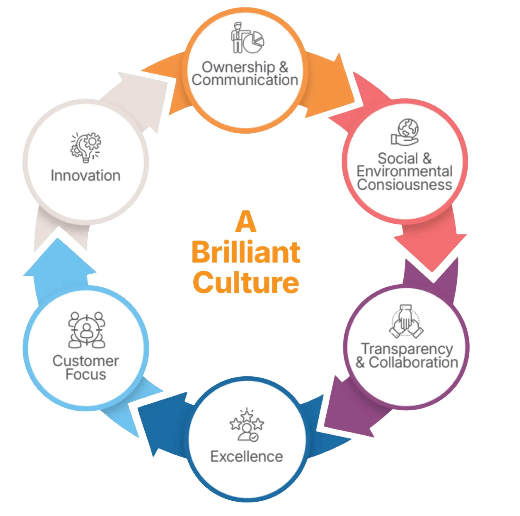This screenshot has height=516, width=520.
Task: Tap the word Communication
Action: coord(245,80)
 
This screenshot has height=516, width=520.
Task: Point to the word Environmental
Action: coord(404,172)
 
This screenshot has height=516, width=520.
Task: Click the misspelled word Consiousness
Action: coord(404,185)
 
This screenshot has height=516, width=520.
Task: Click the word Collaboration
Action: coord(413,363)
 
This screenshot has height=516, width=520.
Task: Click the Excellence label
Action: coord(247,456)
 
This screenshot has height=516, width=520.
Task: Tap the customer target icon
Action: coord(86,330)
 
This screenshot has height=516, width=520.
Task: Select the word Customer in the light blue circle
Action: coord(86,361)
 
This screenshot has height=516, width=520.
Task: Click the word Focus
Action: coord(86,374)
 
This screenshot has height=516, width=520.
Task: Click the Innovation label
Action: coord(86,176)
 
